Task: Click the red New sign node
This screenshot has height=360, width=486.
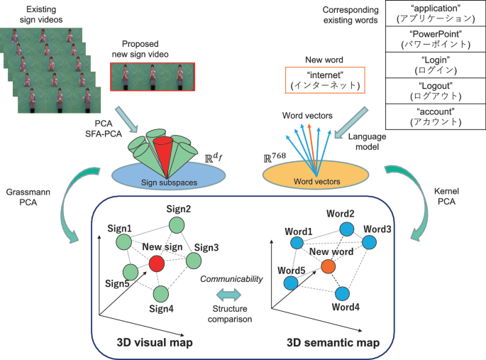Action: click(x=158, y=263)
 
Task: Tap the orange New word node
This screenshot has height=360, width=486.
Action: click(x=327, y=266)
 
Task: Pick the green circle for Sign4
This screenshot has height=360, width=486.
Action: click(x=160, y=293)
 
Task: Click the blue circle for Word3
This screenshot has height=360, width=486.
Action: click(x=368, y=242)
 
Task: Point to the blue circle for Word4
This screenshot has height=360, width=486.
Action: click(x=343, y=293)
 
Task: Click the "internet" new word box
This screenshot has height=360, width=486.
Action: click(x=325, y=80)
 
